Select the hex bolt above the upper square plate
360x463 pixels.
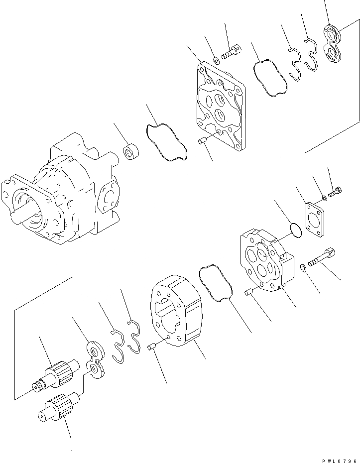231,51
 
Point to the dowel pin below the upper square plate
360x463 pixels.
203,142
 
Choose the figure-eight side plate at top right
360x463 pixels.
333,43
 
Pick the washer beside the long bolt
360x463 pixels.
303,269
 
